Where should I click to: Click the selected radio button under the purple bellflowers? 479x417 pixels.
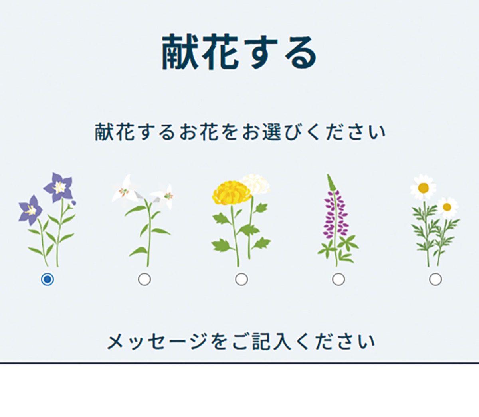click(x=47, y=279)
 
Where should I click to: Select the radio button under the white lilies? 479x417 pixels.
click(x=144, y=279)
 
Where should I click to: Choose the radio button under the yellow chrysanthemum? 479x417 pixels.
click(x=241, y=279)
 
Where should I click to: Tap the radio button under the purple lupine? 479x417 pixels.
click(x=338, y=279)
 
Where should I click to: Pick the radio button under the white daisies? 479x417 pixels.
click(x=435, y=279)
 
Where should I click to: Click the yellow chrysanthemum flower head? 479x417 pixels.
click(x=232, y=194)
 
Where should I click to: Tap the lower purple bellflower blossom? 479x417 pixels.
click(x=30, y=210)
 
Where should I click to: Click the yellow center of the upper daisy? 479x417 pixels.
click(x=423, y=188)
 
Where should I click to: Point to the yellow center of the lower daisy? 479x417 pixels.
click(x=447, y=207)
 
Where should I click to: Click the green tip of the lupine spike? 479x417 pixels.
click(x=331, y=182)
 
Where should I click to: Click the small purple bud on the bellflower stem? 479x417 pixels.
click(x=73, y=203)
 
